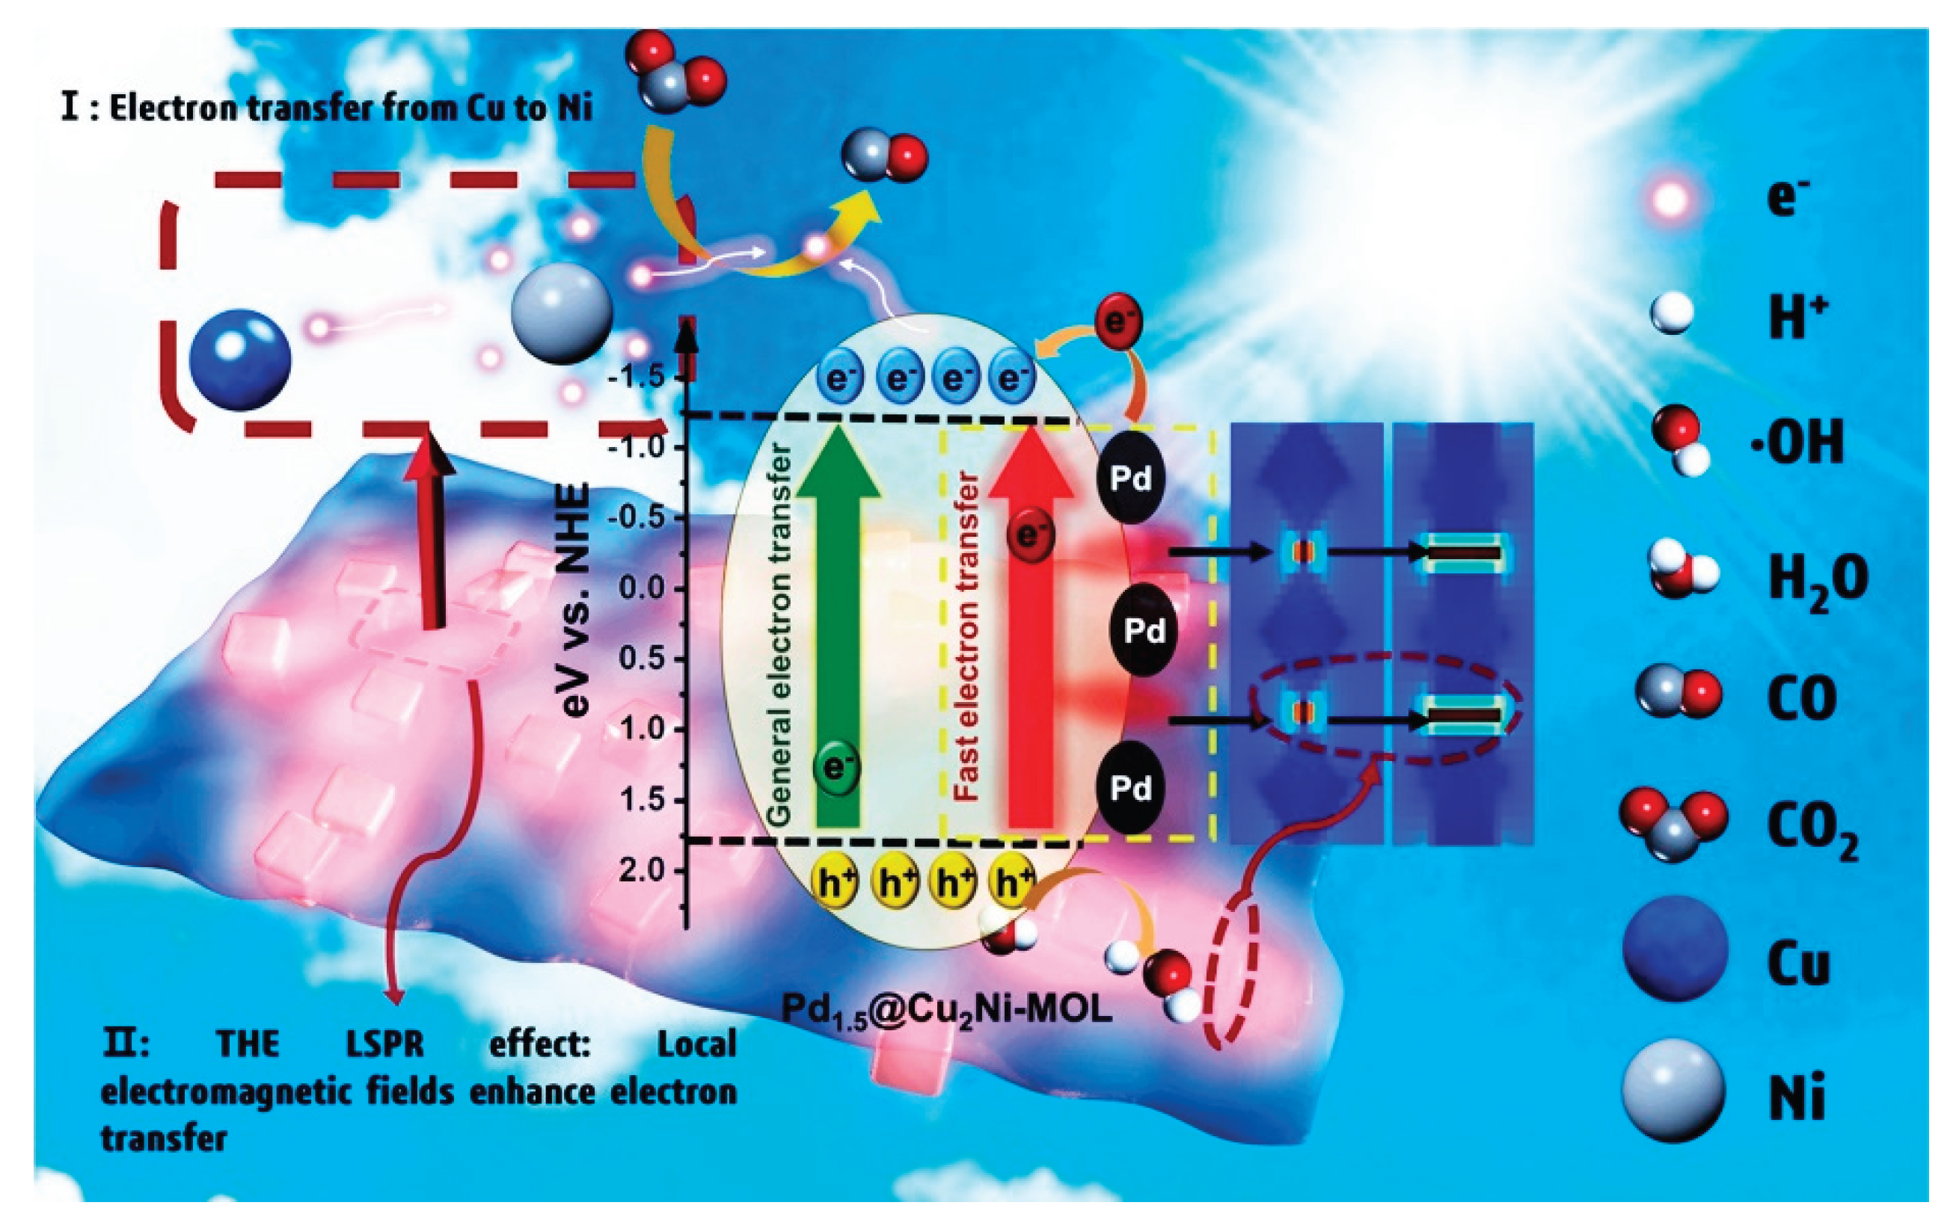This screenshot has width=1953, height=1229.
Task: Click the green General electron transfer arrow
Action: coord(838,632)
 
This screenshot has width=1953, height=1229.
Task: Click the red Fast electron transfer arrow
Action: coord(1031,649)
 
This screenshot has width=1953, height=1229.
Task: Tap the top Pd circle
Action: coord(1129,478)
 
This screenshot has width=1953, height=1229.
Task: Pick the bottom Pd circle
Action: coord(1129,786)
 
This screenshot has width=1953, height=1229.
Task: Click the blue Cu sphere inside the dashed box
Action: coord(239,360)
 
